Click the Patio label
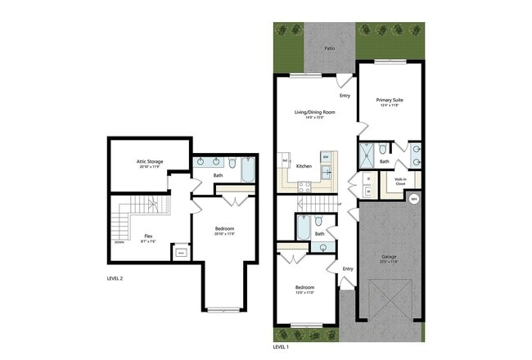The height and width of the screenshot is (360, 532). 329,48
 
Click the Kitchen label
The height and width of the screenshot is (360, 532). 304,166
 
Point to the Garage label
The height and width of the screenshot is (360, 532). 389,257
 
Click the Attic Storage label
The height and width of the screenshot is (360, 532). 149,162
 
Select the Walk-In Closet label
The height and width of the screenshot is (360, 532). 400,182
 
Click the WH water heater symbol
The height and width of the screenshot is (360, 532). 413,198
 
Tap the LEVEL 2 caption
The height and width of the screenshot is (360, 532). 115,278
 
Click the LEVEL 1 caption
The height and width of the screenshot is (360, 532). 281,347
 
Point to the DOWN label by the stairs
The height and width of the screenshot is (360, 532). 119,243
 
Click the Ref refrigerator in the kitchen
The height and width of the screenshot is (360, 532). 286,161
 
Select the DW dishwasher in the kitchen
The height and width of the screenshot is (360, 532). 325,156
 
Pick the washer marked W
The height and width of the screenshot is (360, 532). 368,191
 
